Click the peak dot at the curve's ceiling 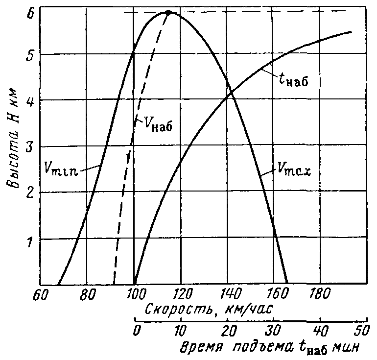[x=168, y=12]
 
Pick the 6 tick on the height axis [x=30, y=14]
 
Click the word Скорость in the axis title [x=175, y=310]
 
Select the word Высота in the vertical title [x=12, y=162]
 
